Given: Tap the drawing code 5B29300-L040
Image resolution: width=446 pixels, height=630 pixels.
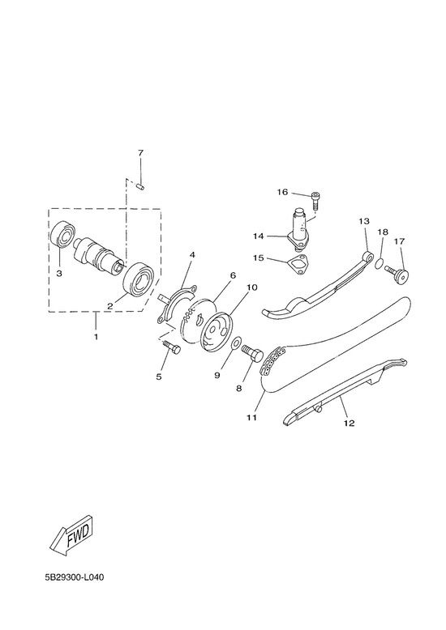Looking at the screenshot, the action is click(75, 577).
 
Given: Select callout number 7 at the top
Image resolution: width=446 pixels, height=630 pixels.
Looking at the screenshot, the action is click(140, 153).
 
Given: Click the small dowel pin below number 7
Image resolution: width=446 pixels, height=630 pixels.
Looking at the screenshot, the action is click(140, 186).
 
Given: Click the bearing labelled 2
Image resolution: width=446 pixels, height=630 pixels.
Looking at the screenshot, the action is click(138, 279).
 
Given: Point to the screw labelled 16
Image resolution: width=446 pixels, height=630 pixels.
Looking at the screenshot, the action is click(315, 200).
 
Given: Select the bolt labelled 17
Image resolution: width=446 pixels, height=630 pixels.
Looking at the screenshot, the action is click(397, 273).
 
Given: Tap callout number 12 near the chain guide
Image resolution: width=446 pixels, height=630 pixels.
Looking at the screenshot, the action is click(349, 423).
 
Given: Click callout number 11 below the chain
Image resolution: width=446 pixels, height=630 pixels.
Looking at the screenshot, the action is click(251, 418).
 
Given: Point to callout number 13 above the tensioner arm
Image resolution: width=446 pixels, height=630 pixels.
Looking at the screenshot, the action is click(364, 221).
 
